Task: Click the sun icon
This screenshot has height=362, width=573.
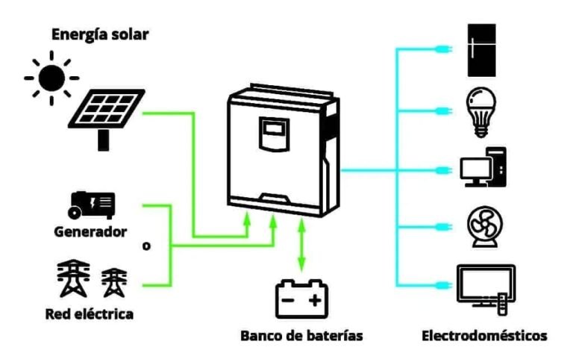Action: click(51, 78)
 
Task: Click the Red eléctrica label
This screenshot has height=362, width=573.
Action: click(89, 313)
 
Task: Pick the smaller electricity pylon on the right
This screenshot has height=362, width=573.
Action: click(113, 282)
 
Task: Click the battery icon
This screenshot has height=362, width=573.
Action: click(301, 299)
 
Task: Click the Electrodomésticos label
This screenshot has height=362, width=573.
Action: click(484, 335)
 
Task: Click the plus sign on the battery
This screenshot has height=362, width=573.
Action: click(315, 302)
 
